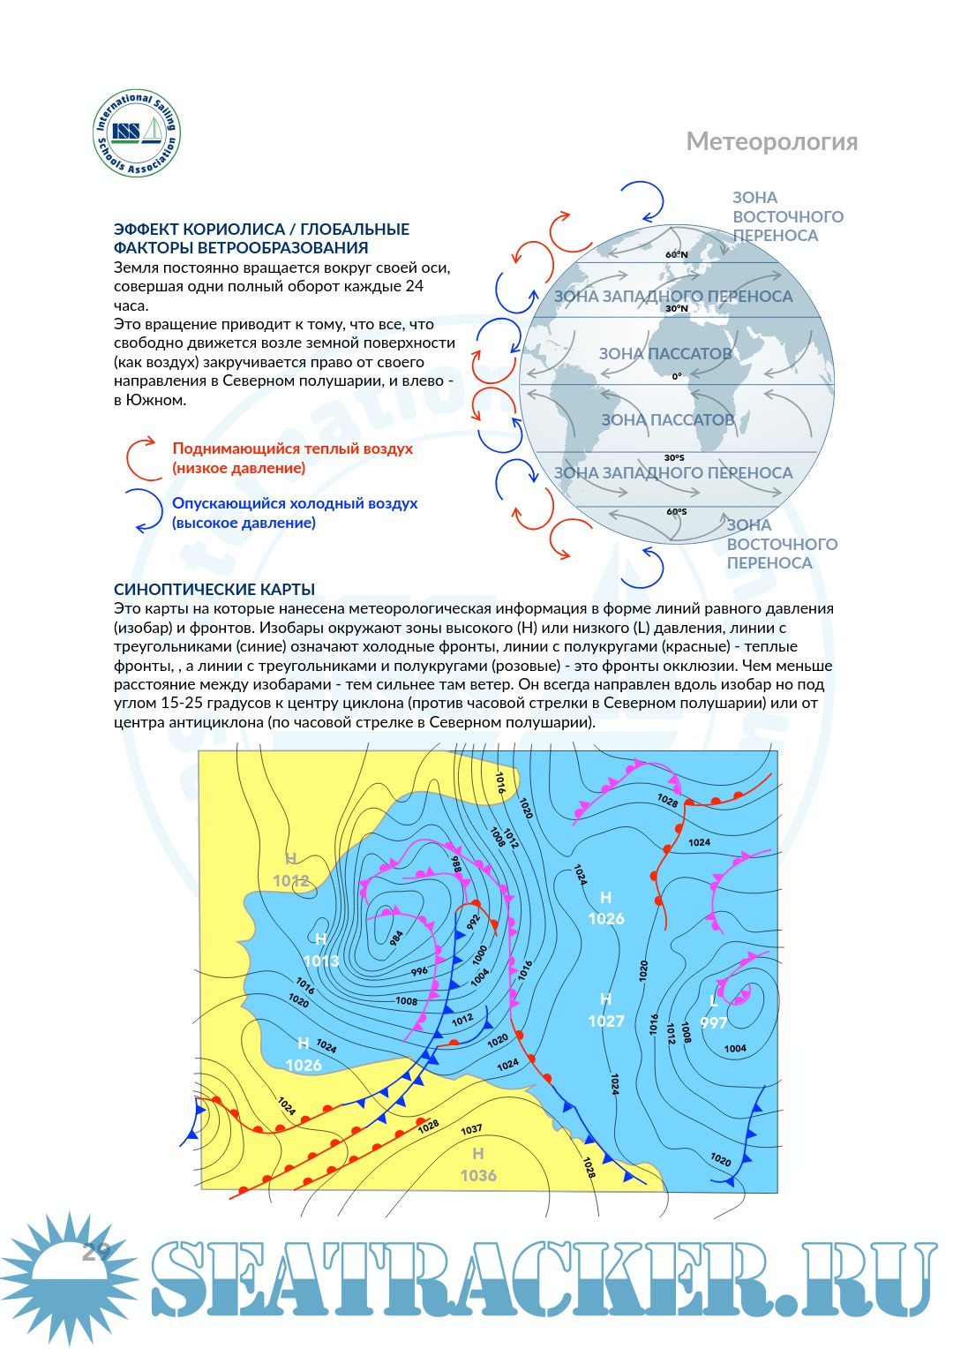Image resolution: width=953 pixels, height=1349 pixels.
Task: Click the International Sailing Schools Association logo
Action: click(137, 134)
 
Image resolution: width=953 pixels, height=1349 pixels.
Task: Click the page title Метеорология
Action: click(771, 142)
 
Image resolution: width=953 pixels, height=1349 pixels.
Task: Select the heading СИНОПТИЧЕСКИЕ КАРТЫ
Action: click(214, 590)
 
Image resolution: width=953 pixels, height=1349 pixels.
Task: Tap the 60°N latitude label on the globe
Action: click(677, 255)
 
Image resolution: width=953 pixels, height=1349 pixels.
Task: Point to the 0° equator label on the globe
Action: click(677, 376)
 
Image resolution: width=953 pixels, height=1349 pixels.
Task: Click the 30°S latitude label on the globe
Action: click(674, 458)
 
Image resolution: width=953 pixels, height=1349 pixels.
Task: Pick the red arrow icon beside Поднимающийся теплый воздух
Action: click(144, 458)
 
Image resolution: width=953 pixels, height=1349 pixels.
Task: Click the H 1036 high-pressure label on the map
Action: click(478, 1165)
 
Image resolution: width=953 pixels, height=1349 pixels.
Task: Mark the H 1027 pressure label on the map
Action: click(606, 1011)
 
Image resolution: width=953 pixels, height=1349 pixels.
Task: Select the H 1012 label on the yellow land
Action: click(291, 870)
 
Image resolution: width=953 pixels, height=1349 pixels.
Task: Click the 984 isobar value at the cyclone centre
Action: click(397, 937)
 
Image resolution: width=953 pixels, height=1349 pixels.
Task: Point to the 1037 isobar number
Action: click(471, 1129)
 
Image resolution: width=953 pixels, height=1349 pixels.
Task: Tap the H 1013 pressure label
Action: click(321, 951)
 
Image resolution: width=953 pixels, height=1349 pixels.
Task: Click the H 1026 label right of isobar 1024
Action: click(606, 908)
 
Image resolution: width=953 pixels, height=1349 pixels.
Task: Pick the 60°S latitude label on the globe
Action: click(677, 512)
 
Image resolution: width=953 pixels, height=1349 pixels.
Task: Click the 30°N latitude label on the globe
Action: click(677, 309)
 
